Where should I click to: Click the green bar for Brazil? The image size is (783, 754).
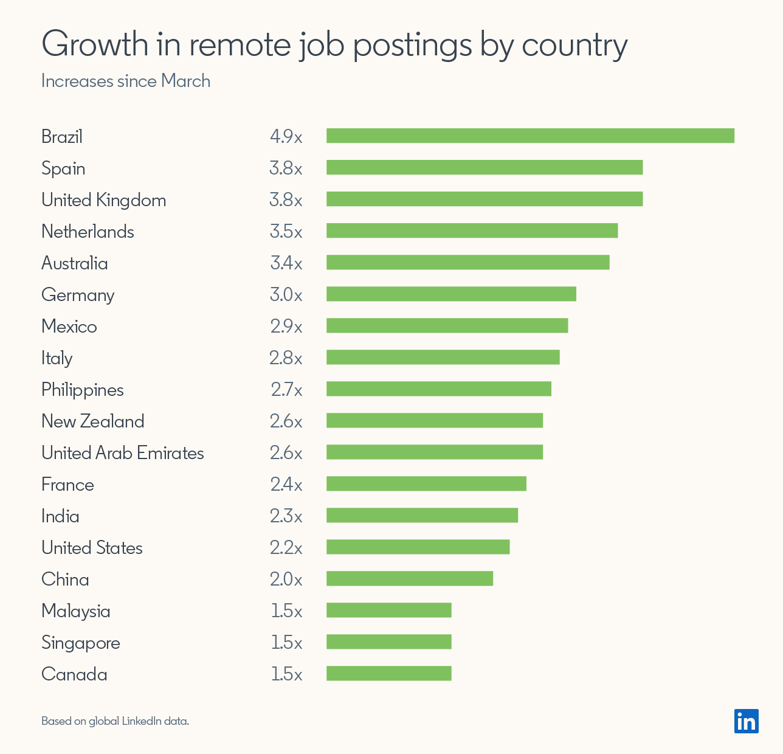(x=530, y=136)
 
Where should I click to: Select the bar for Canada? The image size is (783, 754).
(x=389, y=673)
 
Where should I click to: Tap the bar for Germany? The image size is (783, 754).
(x=451, y=294)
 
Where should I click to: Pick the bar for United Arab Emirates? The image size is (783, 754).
(x=435, y=452)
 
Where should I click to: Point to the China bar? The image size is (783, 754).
(x=410, y=578)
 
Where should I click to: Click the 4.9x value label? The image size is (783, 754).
(x=286, y=136)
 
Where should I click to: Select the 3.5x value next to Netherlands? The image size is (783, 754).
(x=286, y=231)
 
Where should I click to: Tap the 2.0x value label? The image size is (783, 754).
(x=286, y=579)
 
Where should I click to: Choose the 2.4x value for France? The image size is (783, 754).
(x=286, y=484)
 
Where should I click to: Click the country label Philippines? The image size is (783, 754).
(x=83, y=390)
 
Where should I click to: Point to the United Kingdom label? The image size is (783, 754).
(x=103, y=200)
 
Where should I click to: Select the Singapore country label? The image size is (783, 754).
(x=81, y=643)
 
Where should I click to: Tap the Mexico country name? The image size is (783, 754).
(x=69, y=327)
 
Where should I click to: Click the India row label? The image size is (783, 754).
(x=60, y=516)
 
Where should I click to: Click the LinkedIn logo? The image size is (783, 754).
(x=746, y=721)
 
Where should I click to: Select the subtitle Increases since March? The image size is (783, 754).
(x=126, y=81)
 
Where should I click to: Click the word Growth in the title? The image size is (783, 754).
(x=95, y=44)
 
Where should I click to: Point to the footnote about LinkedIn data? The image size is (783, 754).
(x=115, y=721)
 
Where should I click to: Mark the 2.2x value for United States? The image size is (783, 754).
(x=286, y=547)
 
